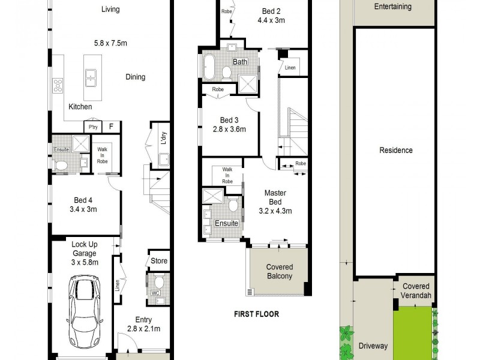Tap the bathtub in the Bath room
tap(208, 67)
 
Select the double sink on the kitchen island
tap(92, 76)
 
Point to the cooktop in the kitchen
tap(58, 85)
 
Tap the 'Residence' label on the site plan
tap(395, 150)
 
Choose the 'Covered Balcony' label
tap(280, 272)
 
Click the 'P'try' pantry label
tap(93, 127)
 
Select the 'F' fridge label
tap(111, 127)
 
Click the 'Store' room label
tap(159, 261)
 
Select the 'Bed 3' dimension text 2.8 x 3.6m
tap(229, 129)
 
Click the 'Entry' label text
tap(143, 320)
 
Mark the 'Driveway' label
tap(373, 346)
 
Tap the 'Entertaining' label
tap(392, 7)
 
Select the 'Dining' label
tap(135, 77)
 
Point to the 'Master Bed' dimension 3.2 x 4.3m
tap(275, 211)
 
